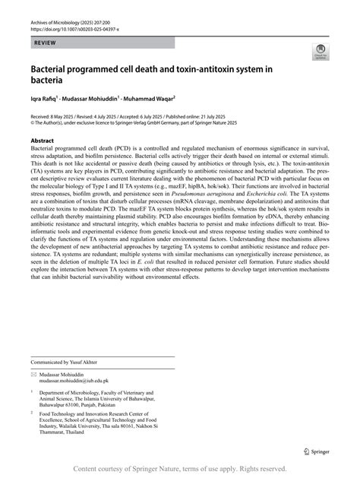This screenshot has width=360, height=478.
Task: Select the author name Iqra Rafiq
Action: (47, 98)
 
